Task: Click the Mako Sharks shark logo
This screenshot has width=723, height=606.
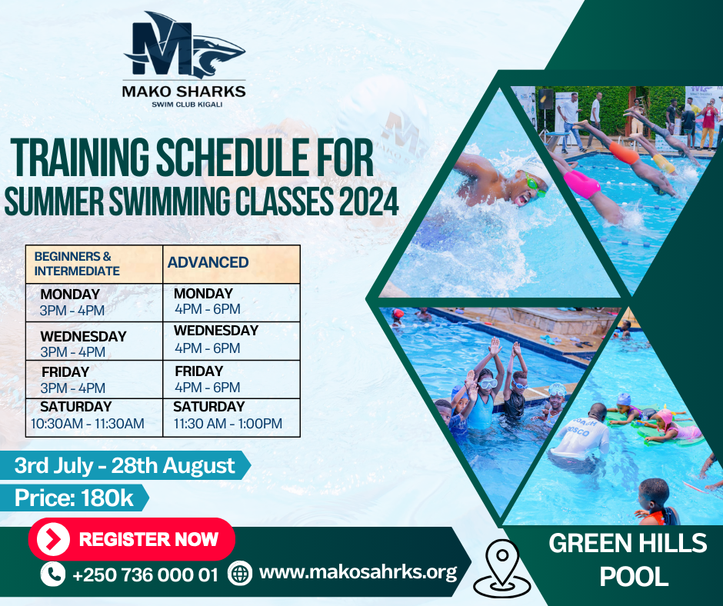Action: (x=185, y=45)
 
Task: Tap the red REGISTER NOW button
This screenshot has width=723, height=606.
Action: (x=132, y=539)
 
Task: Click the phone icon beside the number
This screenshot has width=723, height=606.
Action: (x=53, y=574)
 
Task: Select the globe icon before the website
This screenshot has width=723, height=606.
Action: (x=240, y=573)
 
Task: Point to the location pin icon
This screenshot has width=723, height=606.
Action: (x=502, y=568)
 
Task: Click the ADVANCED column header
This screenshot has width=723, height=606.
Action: (x=232, y=265)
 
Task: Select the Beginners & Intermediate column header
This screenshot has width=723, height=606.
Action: (x=94, y=265)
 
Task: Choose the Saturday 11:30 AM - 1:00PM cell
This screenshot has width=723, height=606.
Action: (x=232, y=418)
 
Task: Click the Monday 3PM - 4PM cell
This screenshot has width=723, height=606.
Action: (x=94, y=302)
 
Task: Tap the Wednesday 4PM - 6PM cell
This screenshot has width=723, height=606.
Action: (x=232, y=341)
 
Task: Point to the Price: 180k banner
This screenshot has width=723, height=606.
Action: (x=75, y=498)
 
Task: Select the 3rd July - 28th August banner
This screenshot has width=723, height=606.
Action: (x=125, y=465)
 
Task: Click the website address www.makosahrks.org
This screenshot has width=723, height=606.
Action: (x=358, y=572)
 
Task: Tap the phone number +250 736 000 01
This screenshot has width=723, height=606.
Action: (x=145, y=575)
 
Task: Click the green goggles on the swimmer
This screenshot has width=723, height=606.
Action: (x=534, y=184)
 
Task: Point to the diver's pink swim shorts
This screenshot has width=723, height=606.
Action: (x=582, y=183)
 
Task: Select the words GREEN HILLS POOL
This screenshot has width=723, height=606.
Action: (x=628, y=559)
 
